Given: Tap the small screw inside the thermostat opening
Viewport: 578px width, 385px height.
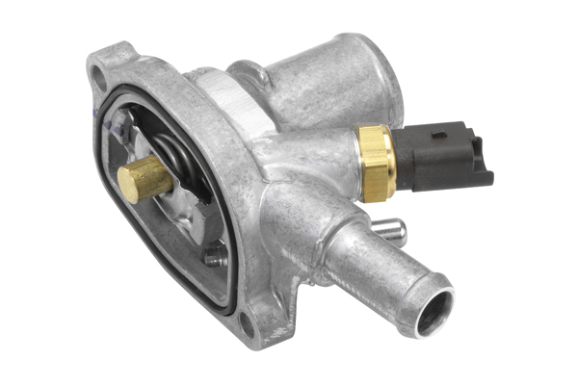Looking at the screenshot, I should (214, 257).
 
